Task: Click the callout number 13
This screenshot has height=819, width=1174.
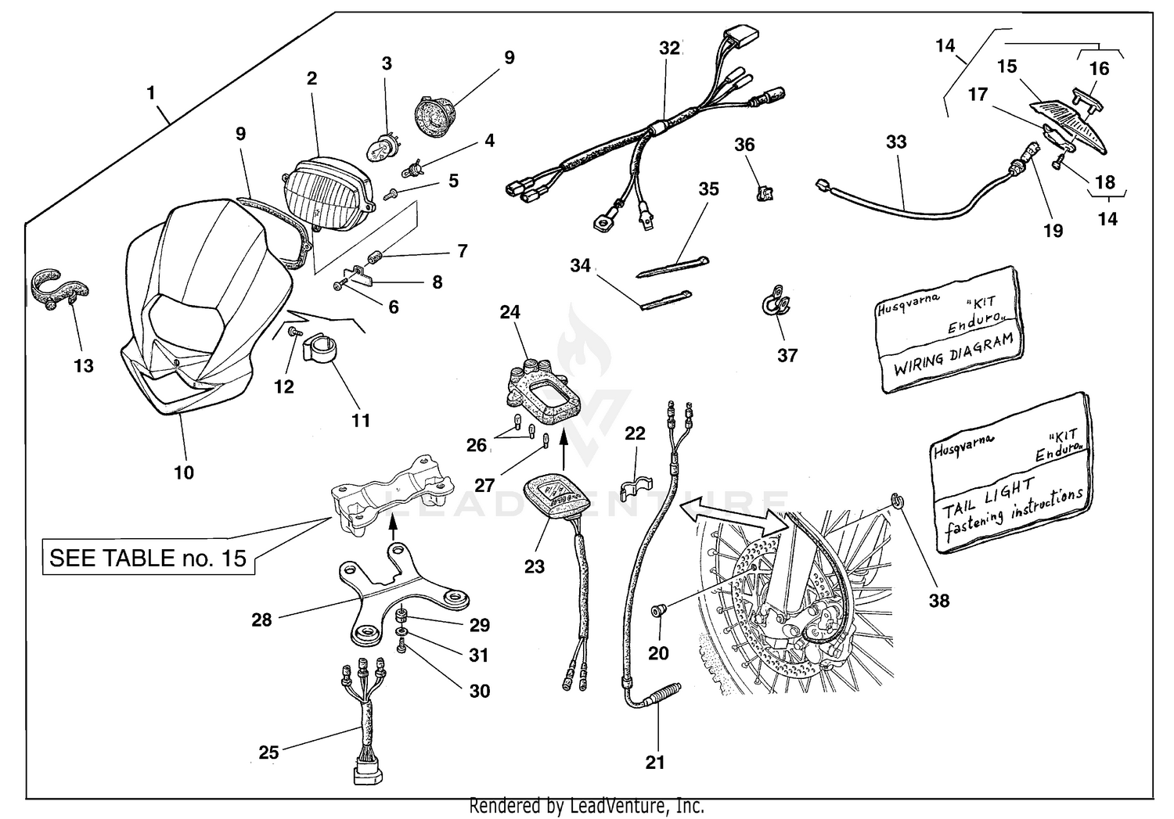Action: pyautogui.click(x=84, y=366)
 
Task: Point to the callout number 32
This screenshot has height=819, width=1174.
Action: pyautogui.click(x=669, y=48)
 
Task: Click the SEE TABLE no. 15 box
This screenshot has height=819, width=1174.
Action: pyautogui.click(x=148, y=558)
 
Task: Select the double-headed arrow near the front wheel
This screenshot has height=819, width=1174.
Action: pyautogui.click(x=732, y=516)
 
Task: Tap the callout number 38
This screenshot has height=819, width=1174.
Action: pyautogui.click(x=938, y=600)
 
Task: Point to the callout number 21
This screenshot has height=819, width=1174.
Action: pyautogui.click(x=655, y=761)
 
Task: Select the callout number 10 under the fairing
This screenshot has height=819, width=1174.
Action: pyautogui.click(x=184, y=472)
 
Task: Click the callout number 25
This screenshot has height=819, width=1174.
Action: pyautogui.click(x=268, y=753)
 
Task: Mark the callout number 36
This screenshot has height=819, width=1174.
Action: pyautogui.click(x=744, y=145)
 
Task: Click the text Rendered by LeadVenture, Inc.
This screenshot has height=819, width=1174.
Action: pyautogui.click(x=586, y=806)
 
